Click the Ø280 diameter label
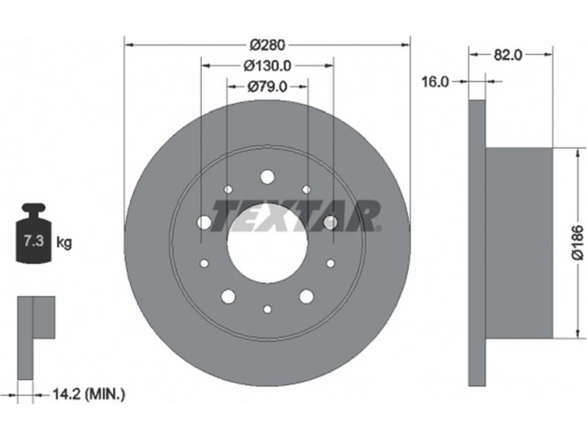point(267,45)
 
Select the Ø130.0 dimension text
point(267,66)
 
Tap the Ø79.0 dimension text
point(267,87)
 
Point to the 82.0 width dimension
point(508,55)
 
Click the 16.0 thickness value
point(435,81)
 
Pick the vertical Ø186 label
point(578,242)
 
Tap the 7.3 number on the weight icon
point(34,241)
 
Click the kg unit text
point(64,243)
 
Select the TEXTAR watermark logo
point(296,216)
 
